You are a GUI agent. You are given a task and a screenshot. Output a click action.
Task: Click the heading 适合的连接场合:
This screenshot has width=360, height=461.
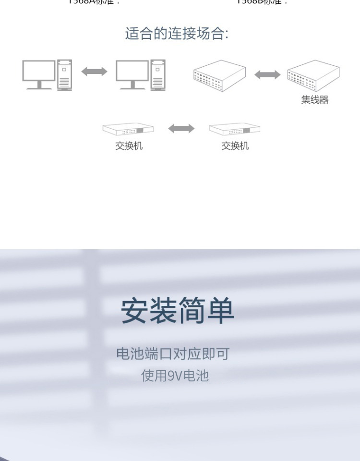(177, 34)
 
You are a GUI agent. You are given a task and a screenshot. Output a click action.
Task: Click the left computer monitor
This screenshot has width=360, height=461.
(38, 73)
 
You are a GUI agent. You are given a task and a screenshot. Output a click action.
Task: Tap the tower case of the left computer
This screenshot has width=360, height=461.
(64, 75)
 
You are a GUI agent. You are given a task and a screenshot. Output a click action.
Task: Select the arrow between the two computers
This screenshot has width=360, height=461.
(94, 72)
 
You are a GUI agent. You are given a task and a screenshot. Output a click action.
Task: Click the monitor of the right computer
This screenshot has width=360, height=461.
(132, 73)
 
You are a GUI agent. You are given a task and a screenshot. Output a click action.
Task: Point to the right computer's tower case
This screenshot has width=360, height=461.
(158, 75)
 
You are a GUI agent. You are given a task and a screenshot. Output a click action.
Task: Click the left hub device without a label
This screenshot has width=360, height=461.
(219, 76)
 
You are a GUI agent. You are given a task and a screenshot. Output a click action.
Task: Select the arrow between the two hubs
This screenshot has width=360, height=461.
(267, 74)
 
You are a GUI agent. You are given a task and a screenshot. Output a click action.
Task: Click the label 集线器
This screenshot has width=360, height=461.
(315, 100)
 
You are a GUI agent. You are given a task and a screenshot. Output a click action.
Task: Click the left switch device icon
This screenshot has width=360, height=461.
(128, 129)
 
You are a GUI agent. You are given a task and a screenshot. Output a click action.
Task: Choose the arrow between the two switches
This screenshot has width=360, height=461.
(181, 128)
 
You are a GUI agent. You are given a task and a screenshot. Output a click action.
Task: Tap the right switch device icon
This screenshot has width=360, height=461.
(235, 129)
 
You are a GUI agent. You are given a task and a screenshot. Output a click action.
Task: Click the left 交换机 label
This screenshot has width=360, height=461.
(129, 146)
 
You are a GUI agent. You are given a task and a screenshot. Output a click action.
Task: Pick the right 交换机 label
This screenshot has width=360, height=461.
(235, 146)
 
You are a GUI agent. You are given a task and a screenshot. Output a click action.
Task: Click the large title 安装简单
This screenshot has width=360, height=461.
(178, 311)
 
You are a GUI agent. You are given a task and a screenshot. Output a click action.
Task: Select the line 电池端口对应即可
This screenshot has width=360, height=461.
(173, 354)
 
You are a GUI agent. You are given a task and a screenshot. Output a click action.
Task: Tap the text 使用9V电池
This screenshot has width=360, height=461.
(175, 376)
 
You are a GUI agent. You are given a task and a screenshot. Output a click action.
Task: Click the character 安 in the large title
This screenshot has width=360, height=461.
(134, 311)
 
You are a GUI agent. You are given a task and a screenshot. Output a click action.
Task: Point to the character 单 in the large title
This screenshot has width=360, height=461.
(221, 311)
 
